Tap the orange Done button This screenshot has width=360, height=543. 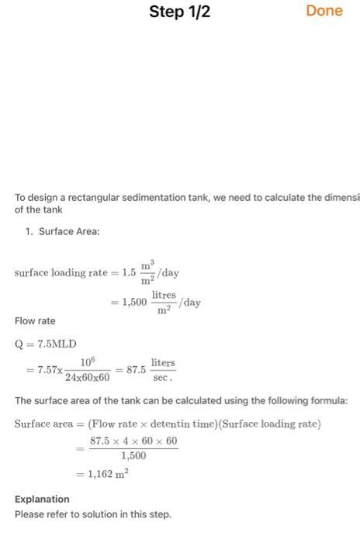(324, 12)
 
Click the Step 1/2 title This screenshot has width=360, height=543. (180, 12)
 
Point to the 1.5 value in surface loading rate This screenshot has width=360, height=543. (128, 273)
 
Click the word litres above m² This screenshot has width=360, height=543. (164, 296)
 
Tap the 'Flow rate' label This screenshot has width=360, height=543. (35, 321)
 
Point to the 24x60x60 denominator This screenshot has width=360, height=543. (88, 378)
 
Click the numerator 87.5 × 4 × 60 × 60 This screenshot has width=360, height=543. (134, 441)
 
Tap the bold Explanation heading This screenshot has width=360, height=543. (42, 499)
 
